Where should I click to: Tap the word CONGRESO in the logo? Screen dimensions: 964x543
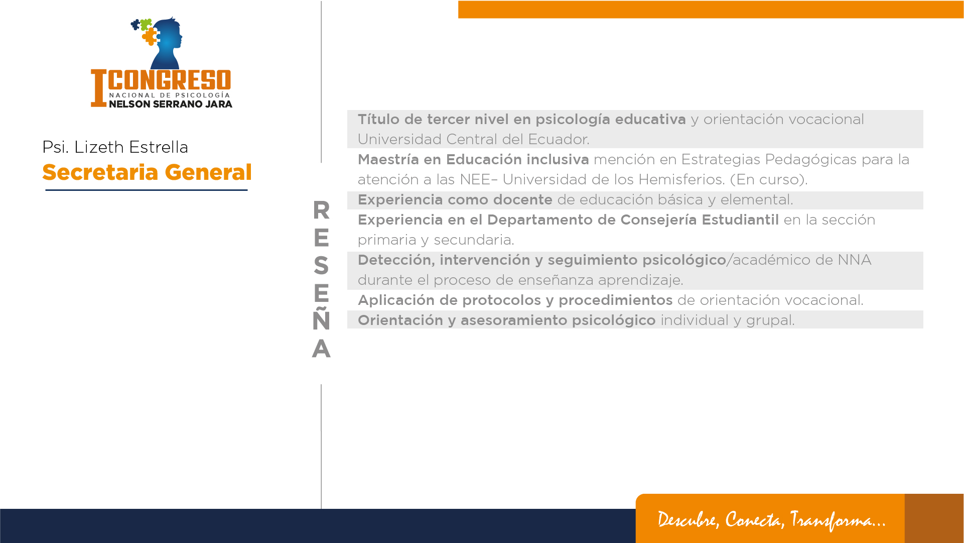[x=170, y=80]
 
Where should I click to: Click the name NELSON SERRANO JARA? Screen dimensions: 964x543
[x=171, y=104]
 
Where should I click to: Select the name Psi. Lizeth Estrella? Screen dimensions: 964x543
[x=115, y=147]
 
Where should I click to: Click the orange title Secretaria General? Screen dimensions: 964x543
[x=147, y=172]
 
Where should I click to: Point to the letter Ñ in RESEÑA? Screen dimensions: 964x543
[x=321, y=318]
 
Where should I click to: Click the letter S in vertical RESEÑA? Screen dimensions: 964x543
[x=321, y=265]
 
